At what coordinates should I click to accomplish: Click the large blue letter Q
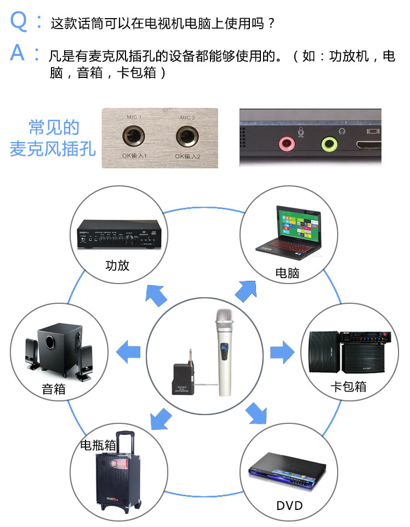pos(19,21)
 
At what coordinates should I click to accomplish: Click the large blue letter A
pos(18,53)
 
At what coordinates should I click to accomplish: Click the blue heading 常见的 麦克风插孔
pos(53,138)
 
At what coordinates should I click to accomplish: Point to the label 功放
pos(117,266)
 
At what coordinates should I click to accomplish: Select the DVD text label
pos(289,505)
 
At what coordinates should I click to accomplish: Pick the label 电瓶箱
pos(98,445)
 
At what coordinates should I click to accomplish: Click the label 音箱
pos(54,389)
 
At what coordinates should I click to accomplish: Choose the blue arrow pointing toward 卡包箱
pos(282,351)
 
